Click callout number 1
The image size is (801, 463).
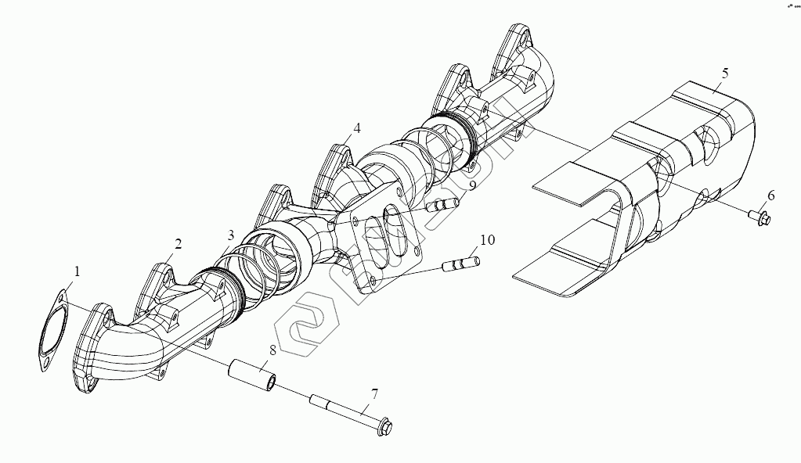[77, 271]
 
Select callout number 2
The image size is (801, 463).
[178, 244]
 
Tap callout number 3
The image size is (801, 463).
[230, 235]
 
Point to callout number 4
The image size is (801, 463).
[356, 127]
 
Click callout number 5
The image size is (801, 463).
[725, 73]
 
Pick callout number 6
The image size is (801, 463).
[770, 195]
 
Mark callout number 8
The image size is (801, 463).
[272, 350]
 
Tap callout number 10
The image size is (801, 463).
[487, 239]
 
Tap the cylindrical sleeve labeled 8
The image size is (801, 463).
[252, 374]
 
